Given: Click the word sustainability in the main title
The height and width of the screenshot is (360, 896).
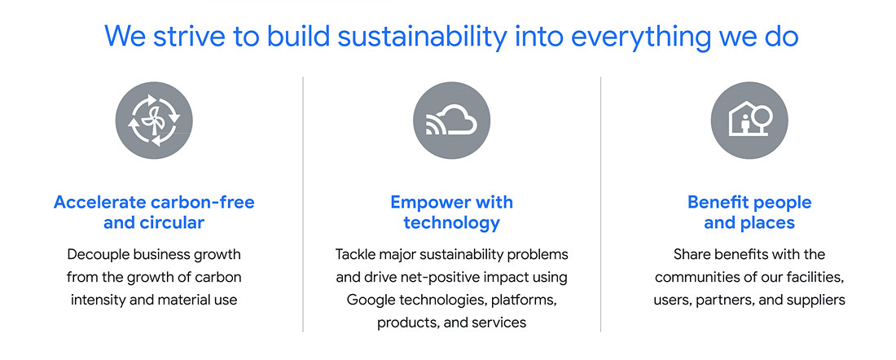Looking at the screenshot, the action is tap(422, 36).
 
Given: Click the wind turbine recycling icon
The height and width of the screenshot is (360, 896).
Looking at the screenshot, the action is tap(154, 121).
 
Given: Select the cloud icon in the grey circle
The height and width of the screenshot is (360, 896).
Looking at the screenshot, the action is tap(451, 121).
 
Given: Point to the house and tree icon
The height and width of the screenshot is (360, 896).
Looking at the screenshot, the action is tap(749, 121).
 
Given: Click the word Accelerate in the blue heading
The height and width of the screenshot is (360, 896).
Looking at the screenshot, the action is tap(99, 202).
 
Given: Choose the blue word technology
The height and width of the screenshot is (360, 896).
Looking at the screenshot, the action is tap(451, 223).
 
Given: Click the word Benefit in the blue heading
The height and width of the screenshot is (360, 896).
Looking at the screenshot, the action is tap(717, 202).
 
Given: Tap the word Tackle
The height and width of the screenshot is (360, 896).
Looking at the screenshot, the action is tap(354, 254).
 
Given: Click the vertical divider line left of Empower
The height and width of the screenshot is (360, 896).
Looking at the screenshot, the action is tap(303, 204).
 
